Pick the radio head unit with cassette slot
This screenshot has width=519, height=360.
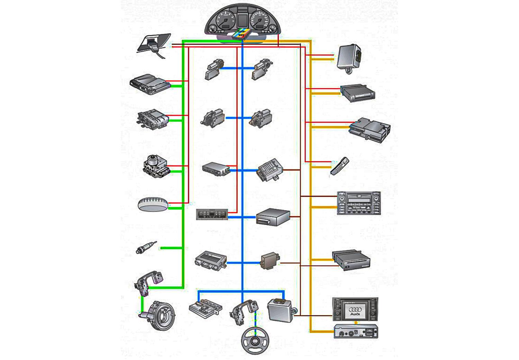pyautogui.click(x=359, y=203)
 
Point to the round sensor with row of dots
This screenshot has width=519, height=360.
pyautogui.click(x=153, y=204)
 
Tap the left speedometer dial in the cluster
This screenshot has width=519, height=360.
pyautogui.click(x=225, y=20)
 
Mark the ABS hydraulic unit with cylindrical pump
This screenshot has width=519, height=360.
pyautogui.click(x=156, y=165)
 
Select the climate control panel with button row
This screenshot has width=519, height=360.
pyautogui.click(x=212, y=214)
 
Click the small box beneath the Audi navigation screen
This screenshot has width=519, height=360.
pyautogui.click(x=356, y=331)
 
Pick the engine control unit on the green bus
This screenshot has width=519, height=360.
pyautogui.click(x=149, y=84)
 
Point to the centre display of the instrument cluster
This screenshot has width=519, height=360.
pyautogui.click(x=242, y=20)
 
